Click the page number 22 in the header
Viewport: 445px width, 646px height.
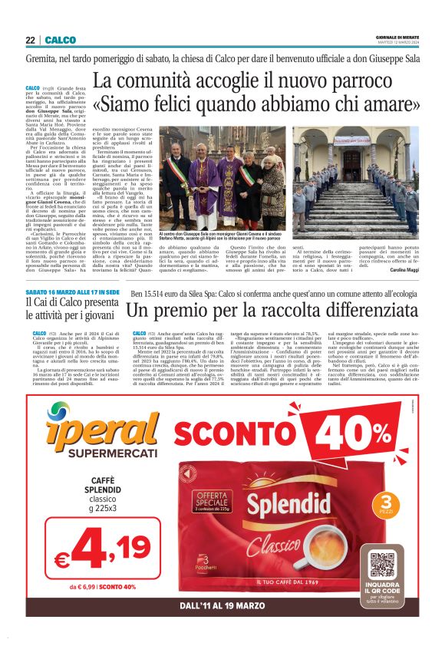coord(30,40)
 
